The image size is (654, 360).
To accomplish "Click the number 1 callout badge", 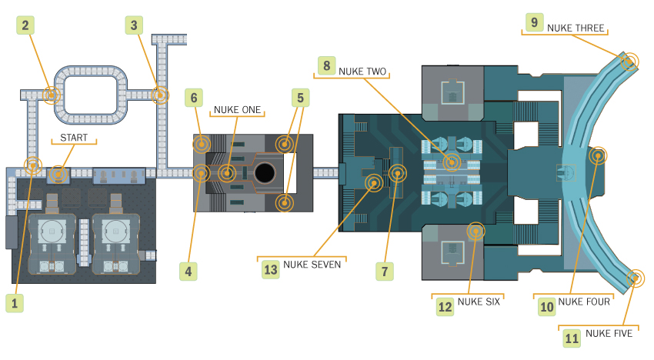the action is pos(15,303).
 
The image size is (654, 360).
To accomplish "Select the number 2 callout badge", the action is pos(25,25).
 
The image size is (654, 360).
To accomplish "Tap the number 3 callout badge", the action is pos(134,25).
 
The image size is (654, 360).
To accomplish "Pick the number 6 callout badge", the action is pos(194,98).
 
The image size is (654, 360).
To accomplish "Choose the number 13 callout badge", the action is pos(271,269).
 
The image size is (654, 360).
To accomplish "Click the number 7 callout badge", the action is pos(385,272).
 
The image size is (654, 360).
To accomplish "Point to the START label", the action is pos(74,138).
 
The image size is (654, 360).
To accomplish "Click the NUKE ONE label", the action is pos(237,110).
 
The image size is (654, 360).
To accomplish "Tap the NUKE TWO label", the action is pos(362,72).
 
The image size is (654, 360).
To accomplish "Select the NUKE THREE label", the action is pos(576,28).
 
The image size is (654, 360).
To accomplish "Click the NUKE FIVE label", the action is pos(609,333).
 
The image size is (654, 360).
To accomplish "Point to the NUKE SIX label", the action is pos(479,302).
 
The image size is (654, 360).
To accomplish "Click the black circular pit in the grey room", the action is pos(265,173).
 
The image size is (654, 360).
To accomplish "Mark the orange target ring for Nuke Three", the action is pos(629,62).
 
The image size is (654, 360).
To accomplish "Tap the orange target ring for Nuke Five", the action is pos(636,278).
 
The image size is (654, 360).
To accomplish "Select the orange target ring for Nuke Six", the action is pos(475,231).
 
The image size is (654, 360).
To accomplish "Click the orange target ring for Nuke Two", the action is pos(452,162).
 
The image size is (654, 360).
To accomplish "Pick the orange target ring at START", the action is pos(58,174).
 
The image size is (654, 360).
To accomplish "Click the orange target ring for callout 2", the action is pos(52,95).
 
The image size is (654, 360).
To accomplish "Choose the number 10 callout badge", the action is pos(547,307).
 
